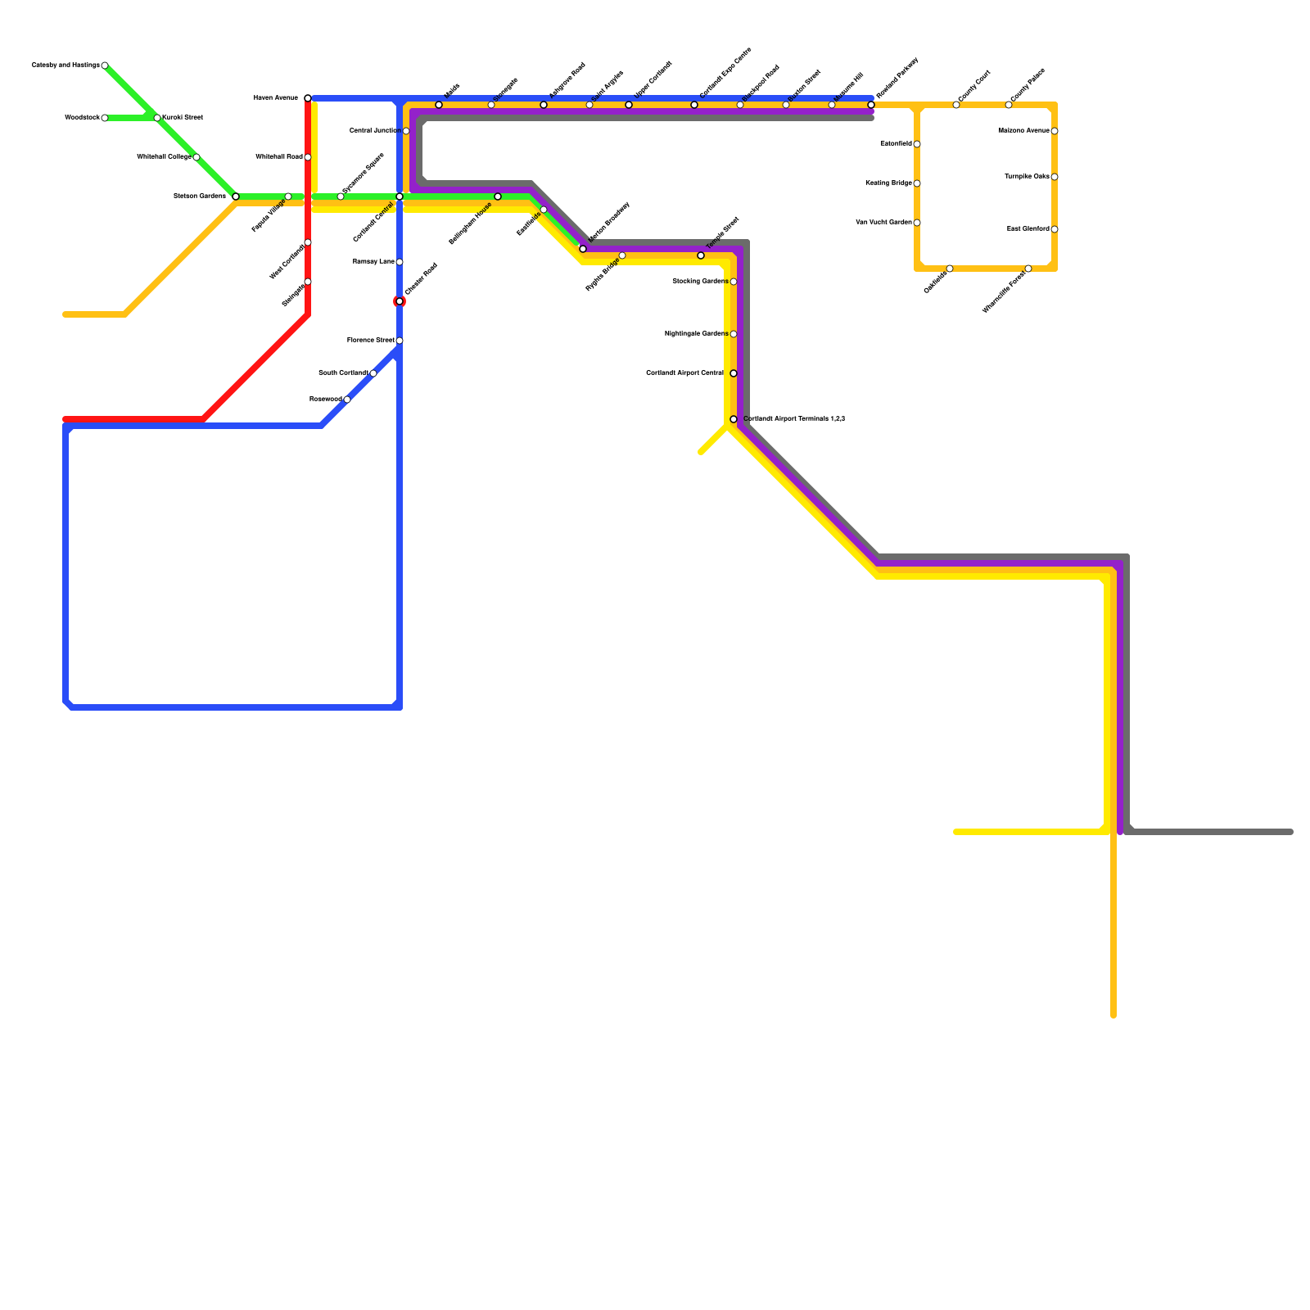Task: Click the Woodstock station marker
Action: (x=105, y=118)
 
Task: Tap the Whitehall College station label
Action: (x=164, y=156)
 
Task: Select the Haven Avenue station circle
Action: (x=308, y=98)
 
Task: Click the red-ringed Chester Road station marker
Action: (x=400, y=301)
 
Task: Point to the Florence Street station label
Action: (x=370, y=340)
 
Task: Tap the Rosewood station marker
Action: (x=347, y=400)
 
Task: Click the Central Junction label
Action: (x=374, y=130)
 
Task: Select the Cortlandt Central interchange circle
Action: (x=400, y=196)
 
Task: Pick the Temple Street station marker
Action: (x=701, y=255)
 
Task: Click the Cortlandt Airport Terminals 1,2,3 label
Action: (x=793, y=418)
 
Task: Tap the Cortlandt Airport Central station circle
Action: (x=734, y=373)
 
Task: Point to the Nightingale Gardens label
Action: (x=695, y=333)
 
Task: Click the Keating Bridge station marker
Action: (x=917, y=183)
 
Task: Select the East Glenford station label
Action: (x=1028, y=228)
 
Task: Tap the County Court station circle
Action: (x=956, y=105)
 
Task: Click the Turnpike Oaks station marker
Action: (x=1055, y=177)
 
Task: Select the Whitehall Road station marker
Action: (x=308, y=157)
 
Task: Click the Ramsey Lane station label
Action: (x=373, y=261)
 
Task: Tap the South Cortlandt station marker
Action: (x=373, y=373)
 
